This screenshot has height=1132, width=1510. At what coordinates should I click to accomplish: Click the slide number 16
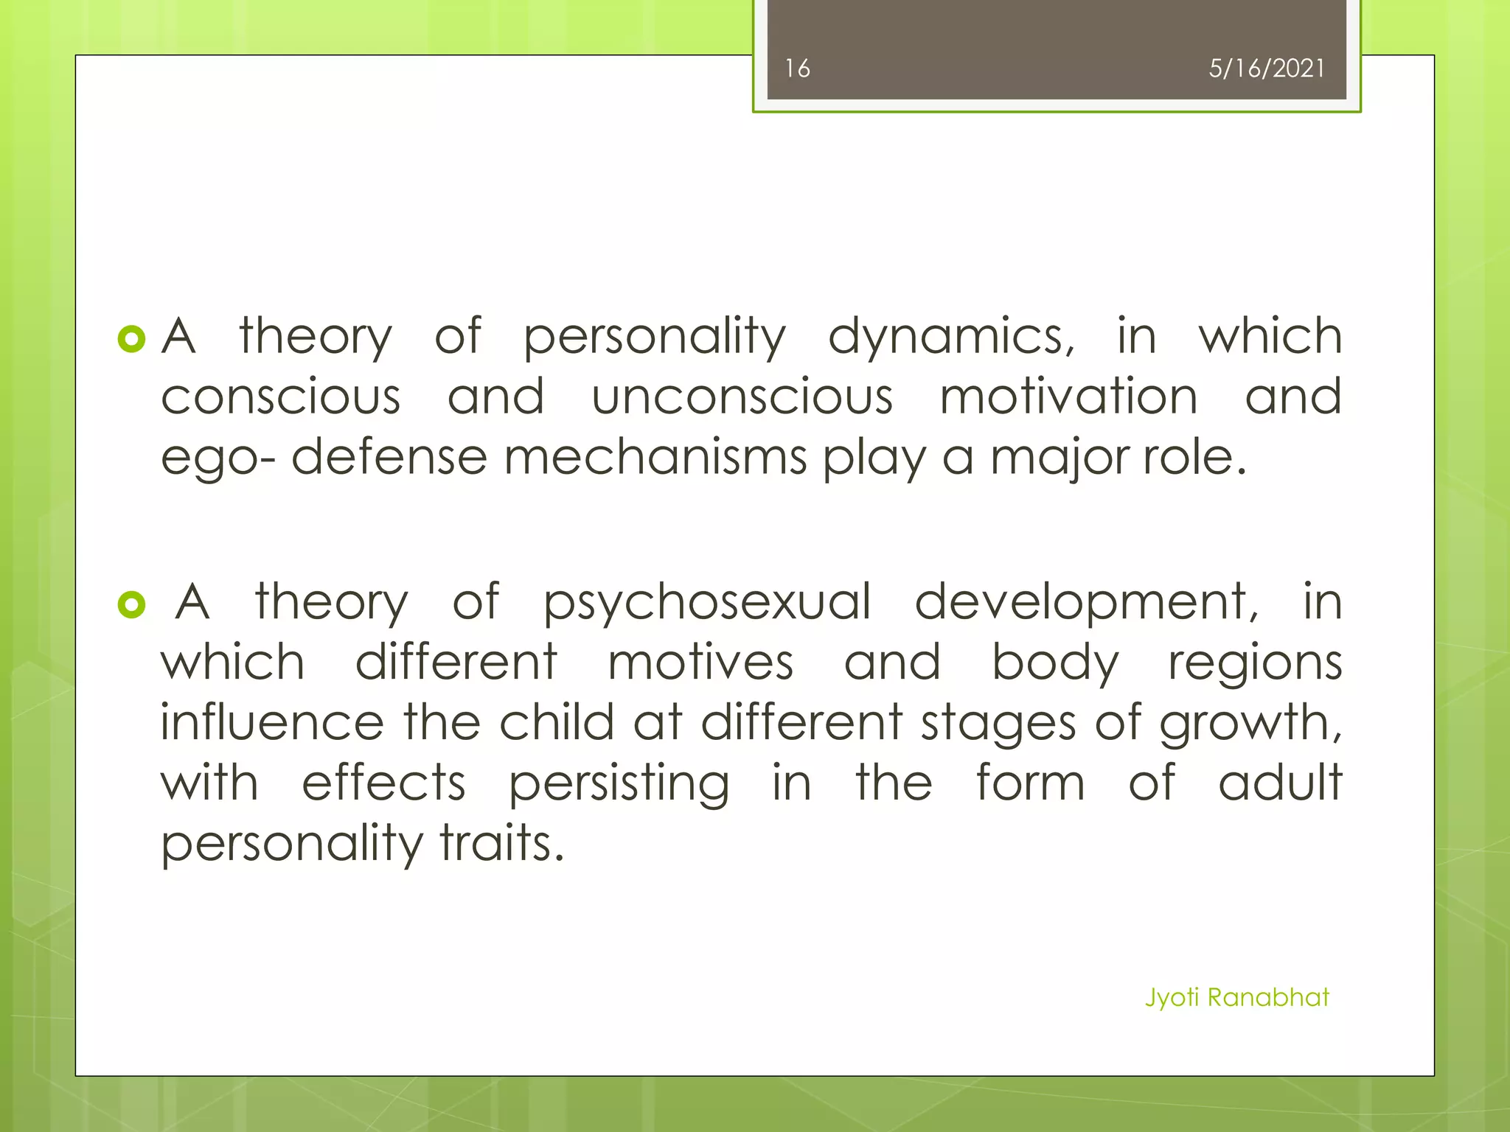[797, 69]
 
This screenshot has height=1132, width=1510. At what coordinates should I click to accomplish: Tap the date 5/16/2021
[1266, 69]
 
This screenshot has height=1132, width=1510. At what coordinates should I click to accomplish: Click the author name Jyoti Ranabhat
[1236, 997]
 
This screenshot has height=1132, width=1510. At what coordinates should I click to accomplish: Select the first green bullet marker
[131, 339]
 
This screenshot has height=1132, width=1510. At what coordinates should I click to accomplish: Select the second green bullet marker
[131, 605]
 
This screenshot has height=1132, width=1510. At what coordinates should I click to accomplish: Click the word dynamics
[951, 338]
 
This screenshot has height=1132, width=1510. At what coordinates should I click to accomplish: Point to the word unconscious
[742, 396]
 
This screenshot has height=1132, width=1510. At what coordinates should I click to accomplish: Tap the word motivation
[1068, 396]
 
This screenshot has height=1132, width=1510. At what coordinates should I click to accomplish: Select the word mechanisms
[655, 457]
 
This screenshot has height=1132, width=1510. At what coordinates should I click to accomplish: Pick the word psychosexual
[707, 603]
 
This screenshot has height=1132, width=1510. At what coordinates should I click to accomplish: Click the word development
[1087, 603]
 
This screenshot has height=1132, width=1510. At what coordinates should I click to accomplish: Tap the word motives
[700, 662]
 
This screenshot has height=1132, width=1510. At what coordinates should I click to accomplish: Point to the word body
[1055, 663]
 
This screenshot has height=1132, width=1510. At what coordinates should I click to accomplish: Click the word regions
[1255, 663]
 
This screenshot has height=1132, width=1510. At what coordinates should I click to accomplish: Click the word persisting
[619, 784]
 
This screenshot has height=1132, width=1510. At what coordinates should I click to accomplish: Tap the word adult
[1280, 783]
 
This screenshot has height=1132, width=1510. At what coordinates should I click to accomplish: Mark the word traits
[502, 843]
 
